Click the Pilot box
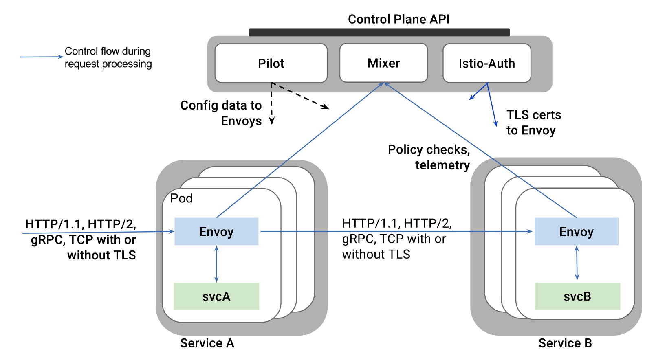(x=271, y=63)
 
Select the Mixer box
(x=383, y=63)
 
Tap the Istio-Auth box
(x=486, y=63)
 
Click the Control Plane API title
(x=398, y=19)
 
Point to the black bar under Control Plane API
(x=379, y=32)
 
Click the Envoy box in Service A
(x=216, y=231)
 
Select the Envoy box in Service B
(x=576, y=231)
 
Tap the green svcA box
(x=216, y=296)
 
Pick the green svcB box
(x=577, y=296)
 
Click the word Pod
(x=181, y=198)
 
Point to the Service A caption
(x=207, y=343)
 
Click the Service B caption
(x=565, y=343)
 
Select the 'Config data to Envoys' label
(x=221, y=113)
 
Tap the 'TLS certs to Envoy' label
(x=533, y=122)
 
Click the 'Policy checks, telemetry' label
(x=429, y=157)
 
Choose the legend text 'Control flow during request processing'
(x=108, y=57)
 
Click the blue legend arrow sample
(x=41, y=57)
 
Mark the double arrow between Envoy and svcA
(x=216, y=264)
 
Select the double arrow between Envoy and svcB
(x=577, y=263)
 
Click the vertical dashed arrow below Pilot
(x=272, y=103)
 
